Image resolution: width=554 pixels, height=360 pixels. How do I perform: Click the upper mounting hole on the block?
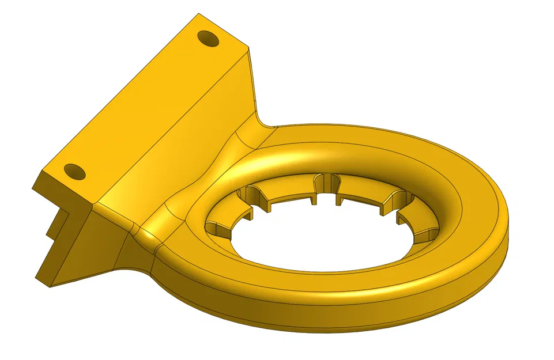click(x=208, y=39)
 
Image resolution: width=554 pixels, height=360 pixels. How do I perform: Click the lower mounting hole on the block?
click(x=75, y=172)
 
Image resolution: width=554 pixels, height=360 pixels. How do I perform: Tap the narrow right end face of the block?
click(x=252, y=81)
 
